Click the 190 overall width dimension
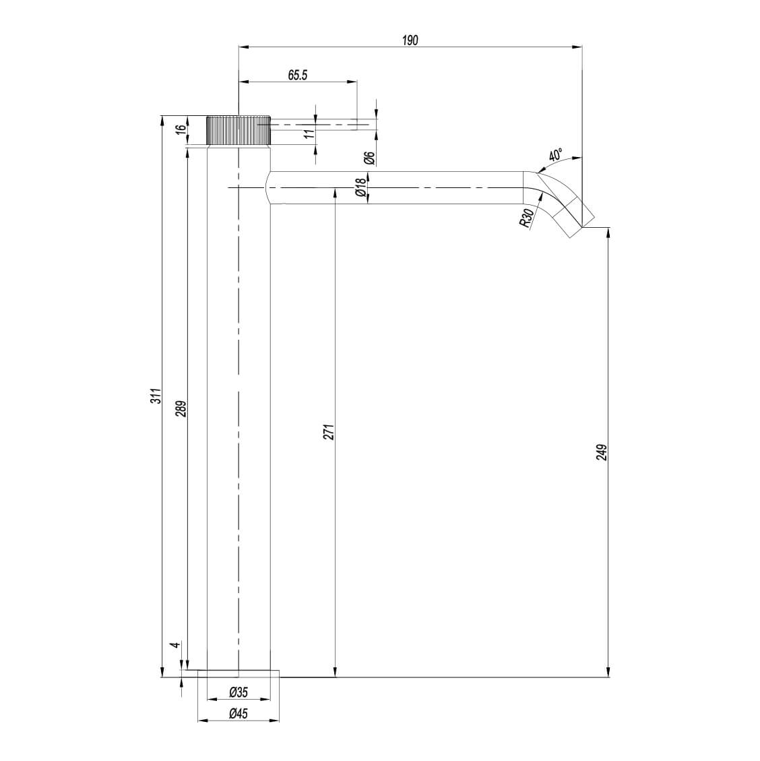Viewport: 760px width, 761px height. click(410, 40)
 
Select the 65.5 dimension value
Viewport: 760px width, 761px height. click(298, 75)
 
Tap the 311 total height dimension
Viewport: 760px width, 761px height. click(155, 396)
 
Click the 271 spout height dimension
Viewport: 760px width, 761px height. click(328, 432)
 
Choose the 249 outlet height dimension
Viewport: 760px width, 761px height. click(602, 452)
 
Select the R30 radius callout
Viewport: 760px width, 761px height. click(528, 218)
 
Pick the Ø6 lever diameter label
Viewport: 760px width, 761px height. click(369, 158)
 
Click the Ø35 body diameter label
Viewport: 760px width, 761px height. click(239, 692)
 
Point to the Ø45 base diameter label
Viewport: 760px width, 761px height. click(239, 714)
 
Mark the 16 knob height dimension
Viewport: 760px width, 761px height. click(180, 130)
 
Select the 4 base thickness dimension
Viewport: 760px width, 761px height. click(175, 645)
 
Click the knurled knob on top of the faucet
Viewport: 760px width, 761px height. click(239, 131)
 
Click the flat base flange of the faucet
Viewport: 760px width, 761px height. click(239, 673)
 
